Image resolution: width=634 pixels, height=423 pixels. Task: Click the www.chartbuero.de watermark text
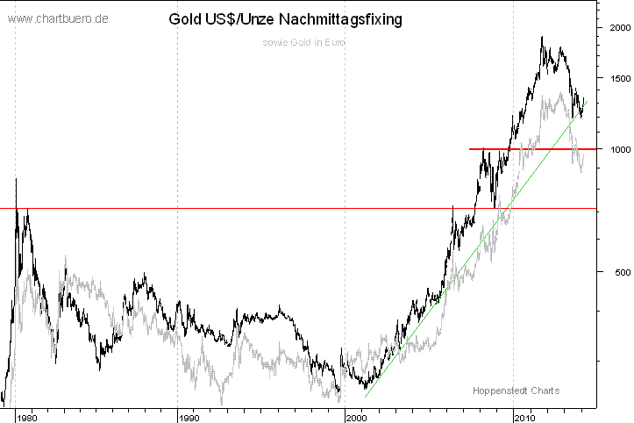click(x=58, y=18)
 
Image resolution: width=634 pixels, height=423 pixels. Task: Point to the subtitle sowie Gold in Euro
click(x=303, y=42)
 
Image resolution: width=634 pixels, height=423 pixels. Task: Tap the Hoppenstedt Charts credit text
click(x=516, y=391)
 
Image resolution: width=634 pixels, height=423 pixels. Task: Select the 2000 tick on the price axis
click(x=618, y=28)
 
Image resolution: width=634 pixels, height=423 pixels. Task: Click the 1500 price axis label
click(x=618, y=78)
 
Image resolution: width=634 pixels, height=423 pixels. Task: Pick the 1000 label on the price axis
click(x=618, y=149)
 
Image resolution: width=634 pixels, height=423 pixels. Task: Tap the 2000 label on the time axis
click(x=359, y=416)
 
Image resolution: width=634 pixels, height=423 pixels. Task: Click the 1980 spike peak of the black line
click(x=16, y=179)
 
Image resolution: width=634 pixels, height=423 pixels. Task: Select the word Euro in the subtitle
click(x=333, y=42)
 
